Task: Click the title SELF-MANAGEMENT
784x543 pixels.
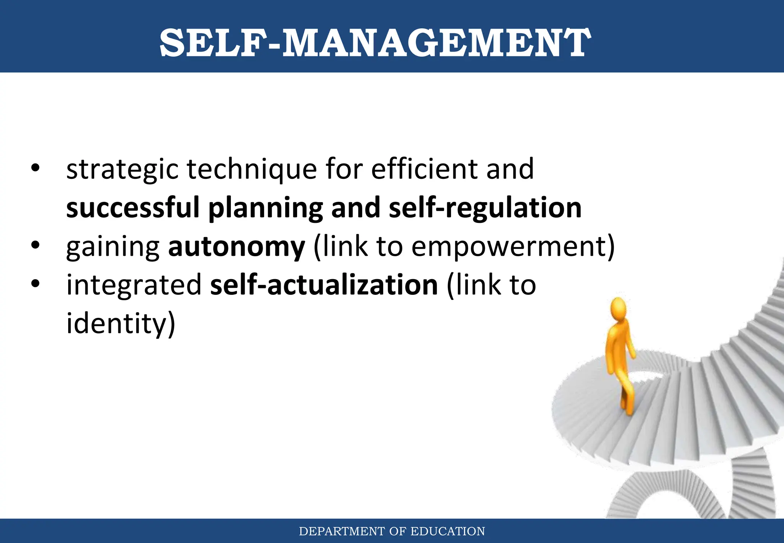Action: point(375,43)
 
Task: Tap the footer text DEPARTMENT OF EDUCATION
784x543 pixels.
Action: point(392,531)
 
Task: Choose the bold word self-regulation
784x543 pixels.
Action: point(485,208)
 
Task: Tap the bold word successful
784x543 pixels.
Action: point(133,208)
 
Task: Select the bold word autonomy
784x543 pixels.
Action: point(237,247)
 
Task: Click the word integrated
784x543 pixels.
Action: point(134,285)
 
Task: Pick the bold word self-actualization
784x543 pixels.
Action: point(324,285)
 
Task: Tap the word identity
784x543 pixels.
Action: point(116,324)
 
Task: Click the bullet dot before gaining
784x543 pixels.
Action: point(36,245)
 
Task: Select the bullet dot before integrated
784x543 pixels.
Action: point(36,284)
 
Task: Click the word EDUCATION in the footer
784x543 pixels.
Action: point(448,531)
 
